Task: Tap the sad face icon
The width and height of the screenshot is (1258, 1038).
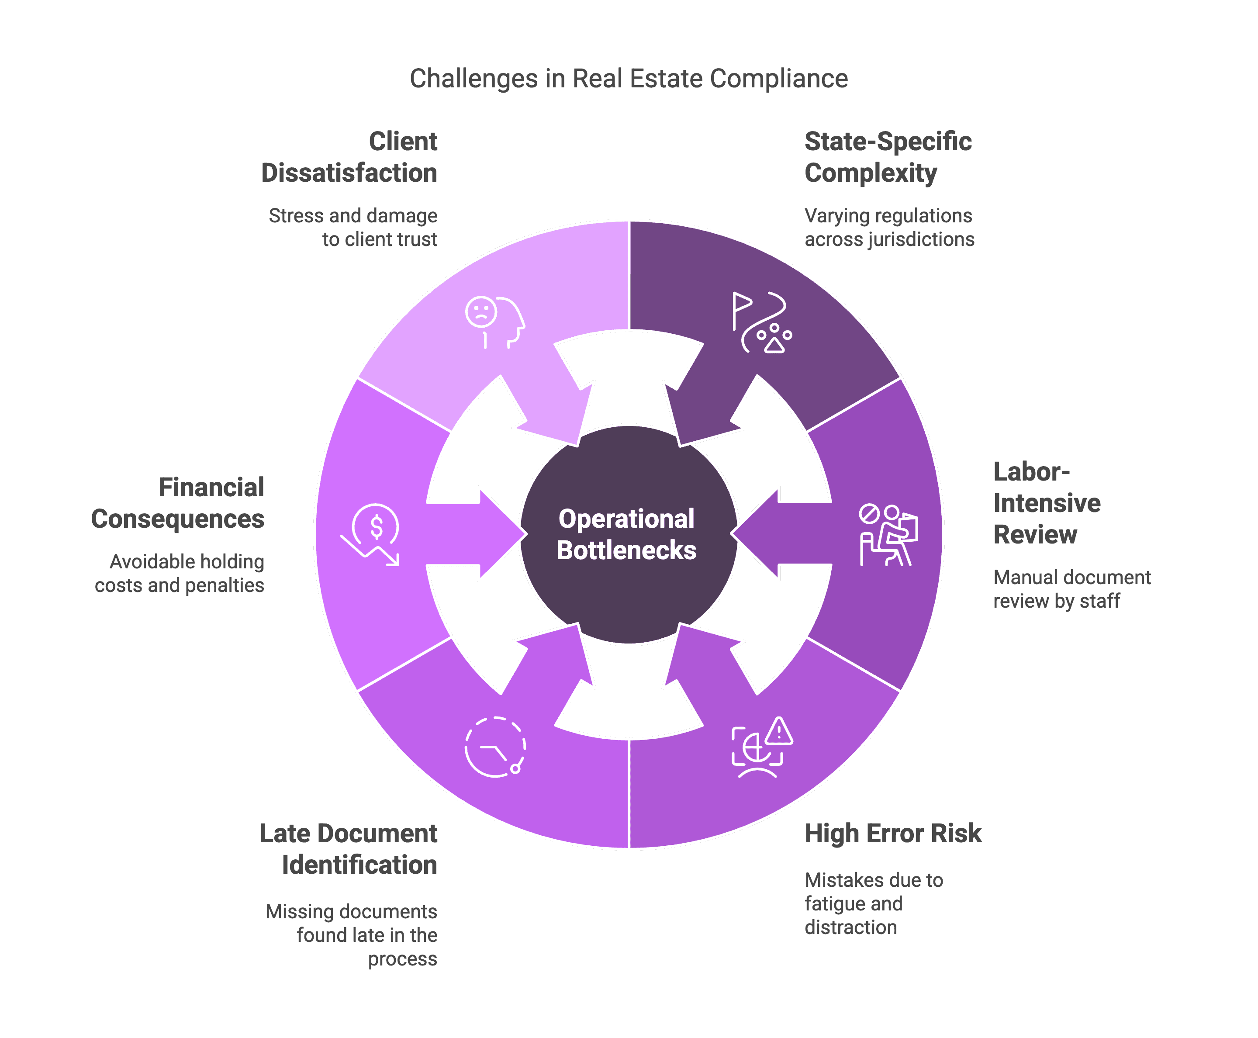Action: point(481,311)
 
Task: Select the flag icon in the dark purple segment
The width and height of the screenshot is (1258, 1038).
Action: point(741,310)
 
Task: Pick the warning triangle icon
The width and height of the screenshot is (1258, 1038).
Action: point(778,731)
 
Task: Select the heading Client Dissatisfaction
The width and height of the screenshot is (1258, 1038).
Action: point(349,157)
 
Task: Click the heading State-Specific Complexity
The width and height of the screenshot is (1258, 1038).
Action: point(888,157)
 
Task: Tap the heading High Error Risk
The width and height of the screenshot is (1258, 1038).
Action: point(893,834)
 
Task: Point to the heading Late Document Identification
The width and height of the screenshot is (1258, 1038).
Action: point(349,849)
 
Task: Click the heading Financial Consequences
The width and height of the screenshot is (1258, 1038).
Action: point(178,503)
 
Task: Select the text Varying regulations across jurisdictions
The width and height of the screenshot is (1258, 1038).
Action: point(889,227)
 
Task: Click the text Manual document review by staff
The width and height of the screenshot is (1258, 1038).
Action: point(1072,589)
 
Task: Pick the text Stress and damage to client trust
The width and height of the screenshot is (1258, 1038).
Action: point(353,227)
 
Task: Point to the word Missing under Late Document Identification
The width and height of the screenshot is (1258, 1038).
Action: point(300,911)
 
